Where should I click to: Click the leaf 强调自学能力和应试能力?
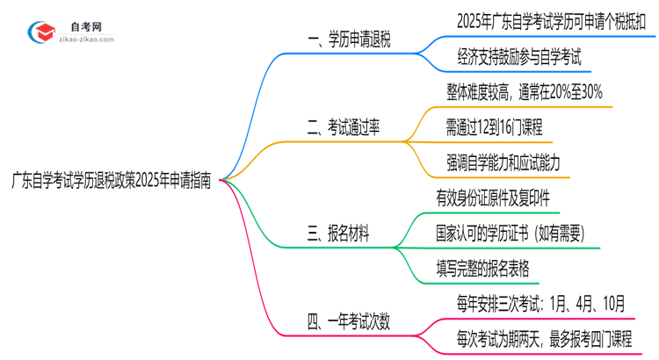(x=503, y=162)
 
